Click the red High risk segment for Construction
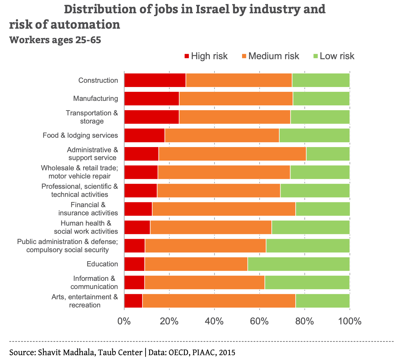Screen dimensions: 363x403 point(155,80)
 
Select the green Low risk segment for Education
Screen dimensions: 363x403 point(298,264)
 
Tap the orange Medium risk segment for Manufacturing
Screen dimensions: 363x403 point(236,98)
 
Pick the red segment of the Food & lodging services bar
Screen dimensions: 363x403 point(144,135)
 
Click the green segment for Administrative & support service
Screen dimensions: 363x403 point(328,154)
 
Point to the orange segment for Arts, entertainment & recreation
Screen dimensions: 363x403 point(219,301)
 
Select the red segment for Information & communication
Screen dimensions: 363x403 point(134,282)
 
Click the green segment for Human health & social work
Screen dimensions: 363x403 point(310,227)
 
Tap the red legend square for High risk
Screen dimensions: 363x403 point(187,56)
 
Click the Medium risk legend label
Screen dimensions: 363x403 point(274,56)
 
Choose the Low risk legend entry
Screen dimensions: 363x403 point(337,56)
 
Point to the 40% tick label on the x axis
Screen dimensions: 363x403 point(214,321)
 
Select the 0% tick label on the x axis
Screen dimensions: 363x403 point(124,321)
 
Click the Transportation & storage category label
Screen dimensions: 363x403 point(92,117)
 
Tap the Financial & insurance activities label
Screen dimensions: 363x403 point(88,209)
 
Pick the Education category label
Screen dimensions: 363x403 point(102,264)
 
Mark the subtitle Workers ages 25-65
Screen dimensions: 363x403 point(55,40)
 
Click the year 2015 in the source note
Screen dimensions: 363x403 point(227,352)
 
